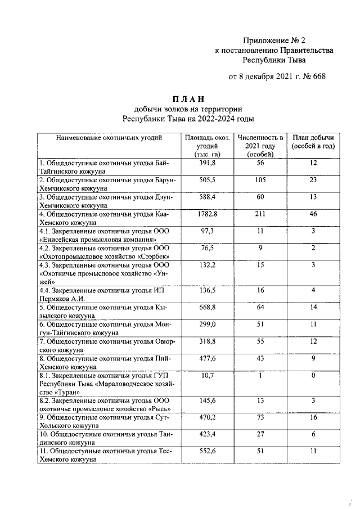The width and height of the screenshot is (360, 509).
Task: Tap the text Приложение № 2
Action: click(274, 40)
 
